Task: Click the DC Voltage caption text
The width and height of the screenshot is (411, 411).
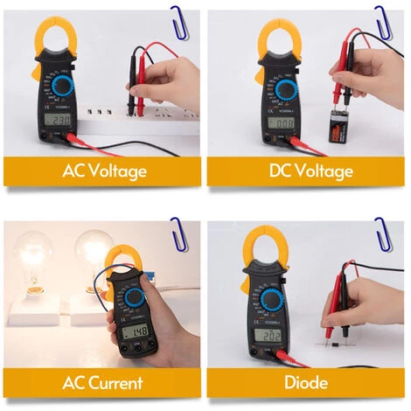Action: [305, 171]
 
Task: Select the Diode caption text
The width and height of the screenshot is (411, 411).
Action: [305, 382]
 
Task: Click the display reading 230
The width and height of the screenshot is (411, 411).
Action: [59, 120]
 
